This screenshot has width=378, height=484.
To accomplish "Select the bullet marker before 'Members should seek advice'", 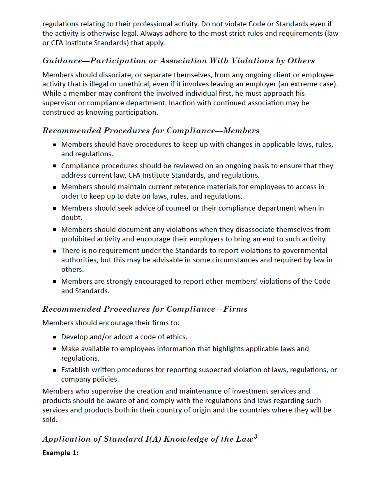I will coord(54,208).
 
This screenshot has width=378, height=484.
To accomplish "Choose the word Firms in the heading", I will coord(235,309).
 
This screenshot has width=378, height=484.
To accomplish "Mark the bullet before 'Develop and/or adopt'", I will coord(54,337).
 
